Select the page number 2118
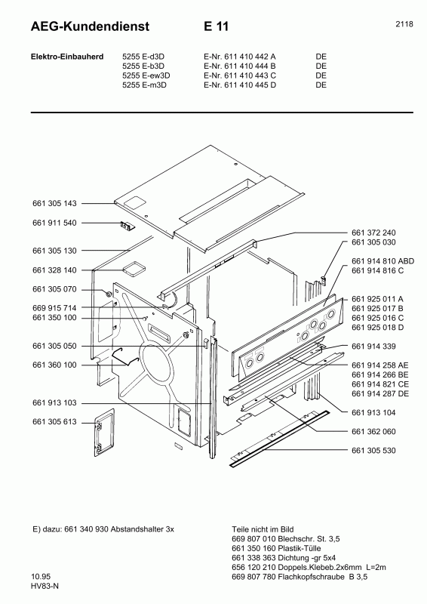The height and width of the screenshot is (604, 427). (404, 24)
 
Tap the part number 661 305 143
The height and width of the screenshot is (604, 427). (55, 204)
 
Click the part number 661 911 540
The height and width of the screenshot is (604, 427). (55, 223)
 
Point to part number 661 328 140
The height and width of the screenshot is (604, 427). (55, 270)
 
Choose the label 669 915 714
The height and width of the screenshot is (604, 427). (55, 308)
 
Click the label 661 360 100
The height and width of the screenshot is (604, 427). (55, 365)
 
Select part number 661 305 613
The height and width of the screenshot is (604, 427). (55, 422)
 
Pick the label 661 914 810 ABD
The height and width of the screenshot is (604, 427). (383, 260)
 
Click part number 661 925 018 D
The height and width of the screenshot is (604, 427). (378, 327)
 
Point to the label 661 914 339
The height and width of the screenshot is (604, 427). (373, 346)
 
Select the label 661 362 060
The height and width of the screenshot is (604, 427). (373, 431)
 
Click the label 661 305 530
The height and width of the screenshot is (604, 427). (373, 451)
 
